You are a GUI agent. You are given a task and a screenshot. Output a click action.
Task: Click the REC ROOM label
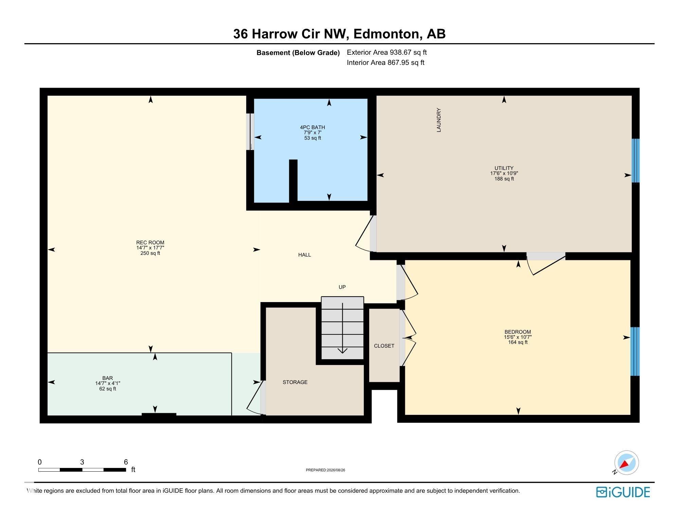click(x=150, y=243)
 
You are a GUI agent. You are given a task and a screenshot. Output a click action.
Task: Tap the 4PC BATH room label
click(x=312, y=127)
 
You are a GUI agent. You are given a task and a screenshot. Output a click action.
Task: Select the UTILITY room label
click(x=504, y=168)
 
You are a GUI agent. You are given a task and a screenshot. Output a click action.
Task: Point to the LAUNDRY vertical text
click(x=439, y=120)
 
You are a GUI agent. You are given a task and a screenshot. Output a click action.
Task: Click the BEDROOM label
click(x=518, y=332)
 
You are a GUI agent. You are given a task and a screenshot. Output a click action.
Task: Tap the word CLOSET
click(x=384, y=346)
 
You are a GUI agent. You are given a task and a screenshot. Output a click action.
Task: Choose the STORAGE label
click(x=295, y=382)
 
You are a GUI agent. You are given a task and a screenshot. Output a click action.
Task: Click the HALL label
click(x=305, y=255)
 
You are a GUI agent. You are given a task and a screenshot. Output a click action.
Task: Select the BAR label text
click(x=108, y=378)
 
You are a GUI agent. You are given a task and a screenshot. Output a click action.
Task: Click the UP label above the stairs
click(x=342, y=287)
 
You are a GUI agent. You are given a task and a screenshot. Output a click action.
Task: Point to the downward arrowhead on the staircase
click(x=342, y=351)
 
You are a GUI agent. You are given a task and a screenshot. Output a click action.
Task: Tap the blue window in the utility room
click(x=636, y=160)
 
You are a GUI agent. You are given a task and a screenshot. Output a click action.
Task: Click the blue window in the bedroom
click(x=635, y=351)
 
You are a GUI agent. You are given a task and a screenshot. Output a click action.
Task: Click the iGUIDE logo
click(x=623, y=492)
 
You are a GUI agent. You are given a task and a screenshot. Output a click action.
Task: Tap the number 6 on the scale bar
click(x=126, y=462)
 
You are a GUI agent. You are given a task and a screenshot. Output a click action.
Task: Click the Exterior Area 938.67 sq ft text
click(x=387, y=52)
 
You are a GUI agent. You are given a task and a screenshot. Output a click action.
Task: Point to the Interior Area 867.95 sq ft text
click(x=386, y=63)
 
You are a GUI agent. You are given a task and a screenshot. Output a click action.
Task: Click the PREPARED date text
click(x=325, y=470)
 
